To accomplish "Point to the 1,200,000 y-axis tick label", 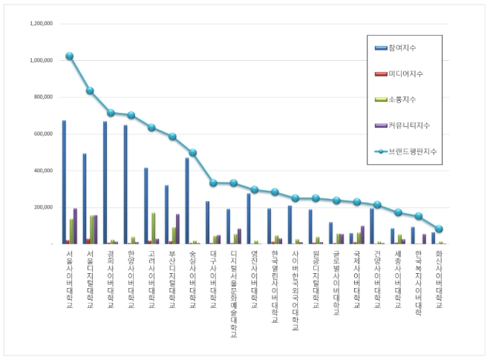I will tap(40, 24).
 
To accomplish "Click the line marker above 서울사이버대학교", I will tap(69, 56).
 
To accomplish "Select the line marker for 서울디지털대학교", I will tap(90, 91).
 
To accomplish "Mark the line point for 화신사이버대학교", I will tap(439, 229).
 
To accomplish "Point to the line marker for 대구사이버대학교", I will tap(213, 183).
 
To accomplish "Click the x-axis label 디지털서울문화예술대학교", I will tap(233, 294).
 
